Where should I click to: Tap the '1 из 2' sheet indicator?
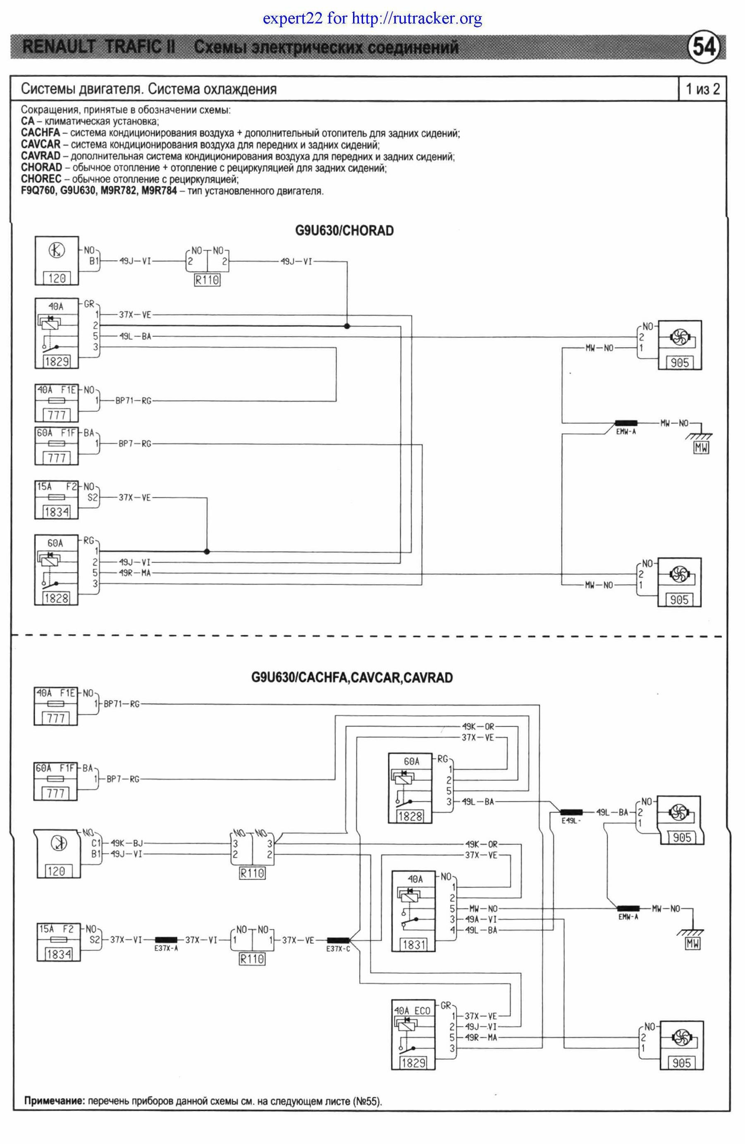tap(702, 89)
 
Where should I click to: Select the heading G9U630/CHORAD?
tap(344, 231)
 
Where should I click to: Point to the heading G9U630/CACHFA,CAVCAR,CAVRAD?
tap(352, 678)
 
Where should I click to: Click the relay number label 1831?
tap(413, 945)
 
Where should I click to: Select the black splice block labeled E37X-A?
tap(166, 939)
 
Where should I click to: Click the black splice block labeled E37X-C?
tap(338, 940)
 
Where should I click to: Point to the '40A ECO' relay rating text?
tap(412, 1010)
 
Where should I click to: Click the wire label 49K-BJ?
tap(127, 843)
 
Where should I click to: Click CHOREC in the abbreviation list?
tap(41, 179)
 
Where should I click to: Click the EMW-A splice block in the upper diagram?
tap(626, 424)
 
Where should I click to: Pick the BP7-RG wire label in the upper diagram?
tap(135, 444)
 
